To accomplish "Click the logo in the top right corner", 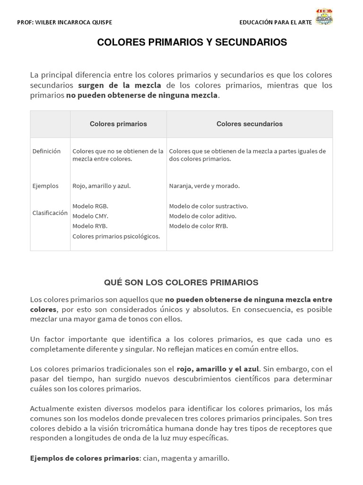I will (x=324, y=17).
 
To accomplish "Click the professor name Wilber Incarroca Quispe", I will (x=65, y=22).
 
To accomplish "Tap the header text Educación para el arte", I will (x=276, y=22).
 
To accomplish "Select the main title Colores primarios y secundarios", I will (x=192, y=43).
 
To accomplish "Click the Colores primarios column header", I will (x=118, y=124).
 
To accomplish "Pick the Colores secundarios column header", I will (x=250, y=124).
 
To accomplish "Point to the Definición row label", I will (x=46, y=151).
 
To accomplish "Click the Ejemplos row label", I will (x=45, y=186).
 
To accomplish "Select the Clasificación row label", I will (x=50, y=213).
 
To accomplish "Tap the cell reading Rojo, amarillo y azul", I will (x=102, y=186).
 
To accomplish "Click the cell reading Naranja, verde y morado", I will (x=204, y=186).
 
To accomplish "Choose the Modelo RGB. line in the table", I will (x=90, y=206).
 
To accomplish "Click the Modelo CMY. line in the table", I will (x=90, y=216).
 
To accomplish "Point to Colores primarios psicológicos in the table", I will (x=116, y=236).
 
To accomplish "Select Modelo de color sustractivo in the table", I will (x=208, y=206).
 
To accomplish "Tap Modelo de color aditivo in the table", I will (x=203, y=216).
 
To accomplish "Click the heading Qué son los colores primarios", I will (x=181, y=283).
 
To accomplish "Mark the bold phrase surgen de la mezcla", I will (x=120, y=85).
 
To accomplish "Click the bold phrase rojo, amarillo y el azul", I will (x=218, y=369).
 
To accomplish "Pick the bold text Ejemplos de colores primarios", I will (x=85, y=458).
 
